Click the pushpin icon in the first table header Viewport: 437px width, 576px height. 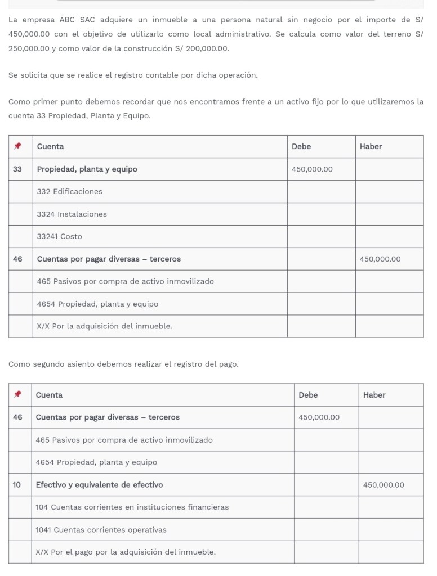point(17,146)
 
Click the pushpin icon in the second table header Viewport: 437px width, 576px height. point(17,395)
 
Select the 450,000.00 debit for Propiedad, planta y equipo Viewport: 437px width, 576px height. point(312,169)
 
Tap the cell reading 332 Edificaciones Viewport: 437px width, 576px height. point(70,191)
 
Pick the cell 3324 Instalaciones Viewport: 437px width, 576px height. point(72,214)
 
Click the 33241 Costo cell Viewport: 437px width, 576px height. point(59,236)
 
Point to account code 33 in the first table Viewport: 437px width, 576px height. point(17,169)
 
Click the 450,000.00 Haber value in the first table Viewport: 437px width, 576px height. point(380,259)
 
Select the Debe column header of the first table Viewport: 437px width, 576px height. point(301,146)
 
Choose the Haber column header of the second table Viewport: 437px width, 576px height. point(374,395)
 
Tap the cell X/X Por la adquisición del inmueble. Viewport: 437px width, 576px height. point(105,326)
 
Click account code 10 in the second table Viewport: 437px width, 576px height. point(17,485)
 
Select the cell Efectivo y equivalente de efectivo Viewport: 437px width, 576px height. point(99,485)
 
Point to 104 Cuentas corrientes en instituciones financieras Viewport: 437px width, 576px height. point(132,507)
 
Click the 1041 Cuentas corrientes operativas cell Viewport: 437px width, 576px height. point(101,530)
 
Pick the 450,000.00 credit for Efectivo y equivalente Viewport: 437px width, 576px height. point(384,485)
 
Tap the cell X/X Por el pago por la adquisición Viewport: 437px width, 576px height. point(126,552)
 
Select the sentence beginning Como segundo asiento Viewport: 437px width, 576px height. point(123,364)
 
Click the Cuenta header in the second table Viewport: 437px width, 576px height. point(49,395)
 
